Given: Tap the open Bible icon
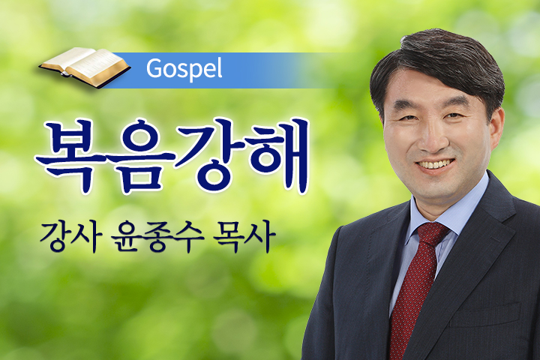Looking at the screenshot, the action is [85, 67].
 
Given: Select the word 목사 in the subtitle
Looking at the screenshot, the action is [244, 238].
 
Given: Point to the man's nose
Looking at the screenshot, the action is [430, 139].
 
